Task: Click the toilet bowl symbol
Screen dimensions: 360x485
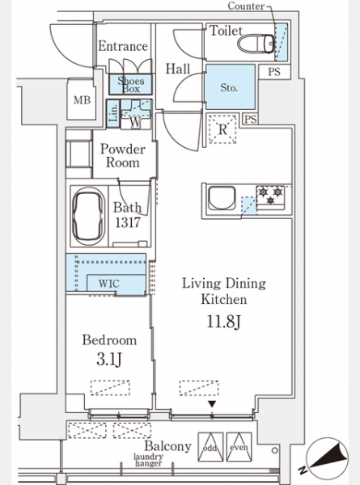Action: (x=256, y=44)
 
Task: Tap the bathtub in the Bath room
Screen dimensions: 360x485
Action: (x=88, y=216)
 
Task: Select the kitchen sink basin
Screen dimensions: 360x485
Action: (x=222, y=198)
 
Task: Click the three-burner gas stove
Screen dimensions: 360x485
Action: (x=270, y=196)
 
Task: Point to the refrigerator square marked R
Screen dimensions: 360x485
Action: (x=222, y=129)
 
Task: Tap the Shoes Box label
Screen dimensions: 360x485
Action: (x=130, y=85)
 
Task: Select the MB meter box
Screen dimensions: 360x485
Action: (x=82, y=99)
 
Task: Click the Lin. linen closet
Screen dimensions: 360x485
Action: (x=113, y=113)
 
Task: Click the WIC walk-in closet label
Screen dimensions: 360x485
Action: (x=108, y=284)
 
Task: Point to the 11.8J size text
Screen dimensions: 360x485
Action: (x=223, y=322)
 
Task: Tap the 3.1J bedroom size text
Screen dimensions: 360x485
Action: (x=108, y=360)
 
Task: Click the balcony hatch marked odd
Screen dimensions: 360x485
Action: (x=210, y=447)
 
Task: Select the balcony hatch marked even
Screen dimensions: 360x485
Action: (x=239, y=447)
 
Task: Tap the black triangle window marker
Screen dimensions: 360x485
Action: (x=212, y=404)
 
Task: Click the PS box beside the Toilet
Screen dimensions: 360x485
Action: (x=274, y=72)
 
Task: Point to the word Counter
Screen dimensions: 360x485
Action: (x=246, y=6)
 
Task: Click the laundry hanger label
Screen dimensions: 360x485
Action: (x=148, y=460)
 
